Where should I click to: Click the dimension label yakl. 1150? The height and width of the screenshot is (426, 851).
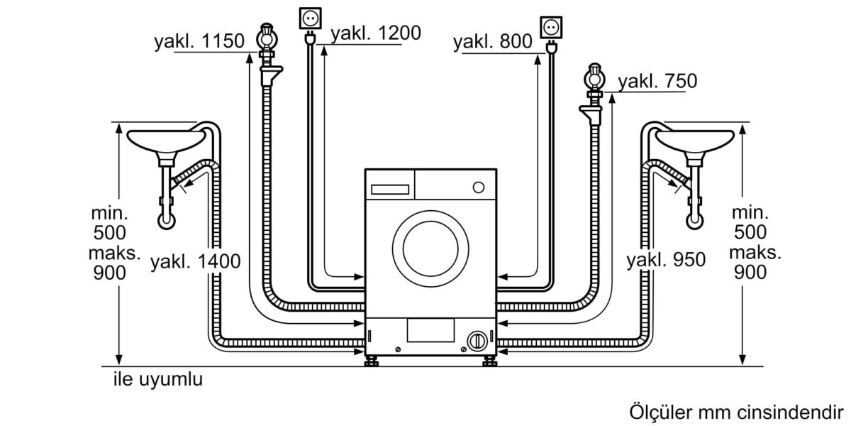click(201, 42)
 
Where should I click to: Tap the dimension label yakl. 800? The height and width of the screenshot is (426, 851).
click(493, 42)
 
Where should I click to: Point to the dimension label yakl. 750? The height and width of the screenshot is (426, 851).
click(657, 81)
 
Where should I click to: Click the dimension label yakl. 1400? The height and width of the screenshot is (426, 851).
click(195, 261)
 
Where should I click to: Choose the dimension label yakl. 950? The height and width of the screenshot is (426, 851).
click(666, 261)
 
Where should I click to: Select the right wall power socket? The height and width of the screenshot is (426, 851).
click(550, 26)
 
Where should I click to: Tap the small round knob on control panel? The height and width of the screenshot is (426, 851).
click(479, 187)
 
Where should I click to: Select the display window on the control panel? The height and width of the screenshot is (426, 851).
click(389, 189)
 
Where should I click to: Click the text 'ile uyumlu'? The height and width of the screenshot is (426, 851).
click(158, 380)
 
